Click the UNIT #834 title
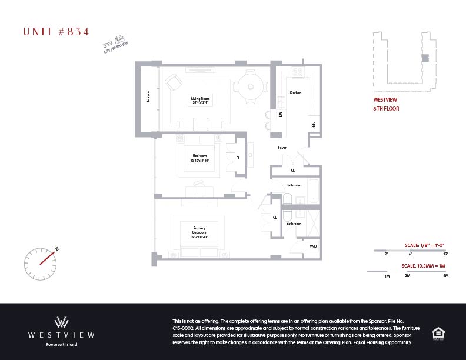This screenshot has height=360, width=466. [56, 32]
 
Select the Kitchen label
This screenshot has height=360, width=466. [295, 93]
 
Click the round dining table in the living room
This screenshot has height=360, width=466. [250, 87]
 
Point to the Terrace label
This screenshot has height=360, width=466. [149, 96]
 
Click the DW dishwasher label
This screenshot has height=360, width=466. [281, 115]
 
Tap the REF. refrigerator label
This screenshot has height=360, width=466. [312, 125]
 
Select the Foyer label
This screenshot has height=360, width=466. [282, 148]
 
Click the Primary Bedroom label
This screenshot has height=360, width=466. [199, 230]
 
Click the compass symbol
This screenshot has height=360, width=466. [40, 259]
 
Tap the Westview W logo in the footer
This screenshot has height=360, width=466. [62, 322]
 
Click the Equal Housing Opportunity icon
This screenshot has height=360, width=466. [438, 333]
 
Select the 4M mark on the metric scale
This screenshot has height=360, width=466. [445, 276]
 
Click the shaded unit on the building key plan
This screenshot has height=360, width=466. [425, 57]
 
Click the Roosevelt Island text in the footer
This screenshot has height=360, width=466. [62, 344]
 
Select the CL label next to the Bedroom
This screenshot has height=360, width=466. [238, 158]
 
